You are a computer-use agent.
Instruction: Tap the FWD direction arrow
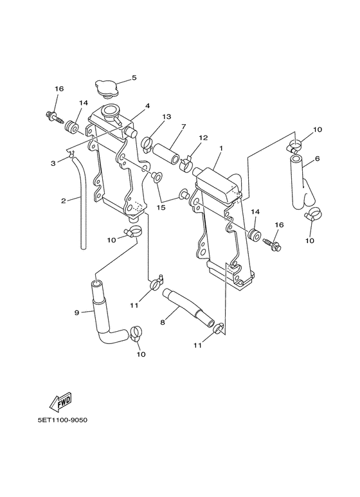[60, 402]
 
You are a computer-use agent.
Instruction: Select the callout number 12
[203, 138]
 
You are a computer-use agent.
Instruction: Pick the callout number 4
[147, 105]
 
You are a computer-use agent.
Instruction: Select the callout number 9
[76, 313]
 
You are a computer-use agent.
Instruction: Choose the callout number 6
[317, 158]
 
